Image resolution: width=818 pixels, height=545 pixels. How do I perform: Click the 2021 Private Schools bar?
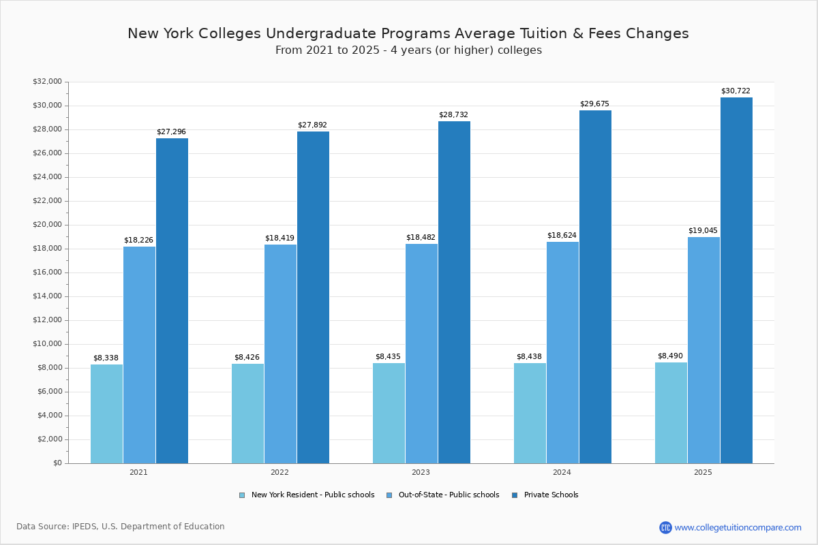pos(172,300)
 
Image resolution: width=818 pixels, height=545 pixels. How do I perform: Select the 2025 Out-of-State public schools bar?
pos(703,350)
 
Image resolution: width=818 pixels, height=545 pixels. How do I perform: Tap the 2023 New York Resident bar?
pos(389,413)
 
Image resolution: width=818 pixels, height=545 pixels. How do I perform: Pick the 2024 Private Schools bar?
pos(595,287)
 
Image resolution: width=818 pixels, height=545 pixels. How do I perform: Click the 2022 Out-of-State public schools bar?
pos(280,354)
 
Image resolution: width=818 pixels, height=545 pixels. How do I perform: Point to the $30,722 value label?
pos(736,91)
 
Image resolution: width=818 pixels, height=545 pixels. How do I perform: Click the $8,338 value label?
pos(106,358)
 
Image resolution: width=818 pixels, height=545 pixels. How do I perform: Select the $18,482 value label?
pos(421,237)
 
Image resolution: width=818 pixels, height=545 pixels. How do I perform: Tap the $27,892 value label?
pos(312,125)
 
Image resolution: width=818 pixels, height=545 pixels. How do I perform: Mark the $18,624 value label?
pos(562,235)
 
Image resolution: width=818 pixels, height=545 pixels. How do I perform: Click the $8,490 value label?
pos(670,356)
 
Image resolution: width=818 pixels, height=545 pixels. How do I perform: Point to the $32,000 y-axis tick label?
pos(47,82)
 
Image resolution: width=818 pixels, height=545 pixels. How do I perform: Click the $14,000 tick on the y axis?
pos(47,296)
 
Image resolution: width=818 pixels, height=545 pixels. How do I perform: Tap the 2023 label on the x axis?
pos(421,472)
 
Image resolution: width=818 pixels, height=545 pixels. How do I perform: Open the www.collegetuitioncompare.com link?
pos(738,527)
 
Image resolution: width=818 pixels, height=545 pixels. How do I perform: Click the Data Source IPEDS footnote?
pos(121,527)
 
